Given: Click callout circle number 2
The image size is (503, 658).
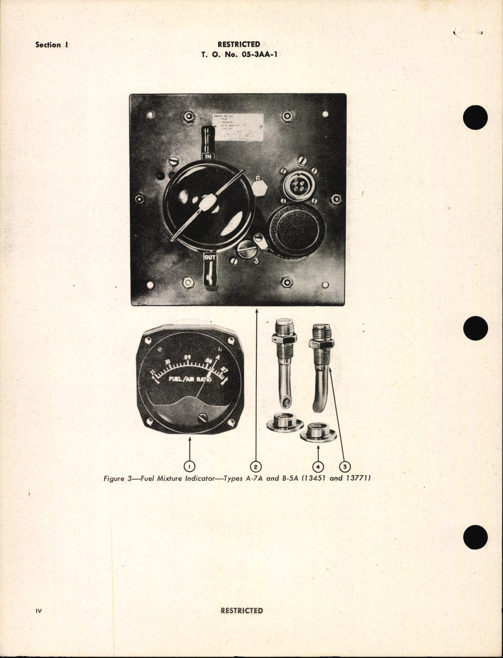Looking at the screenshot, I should pos(256,466).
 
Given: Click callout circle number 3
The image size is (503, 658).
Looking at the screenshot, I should pos(345,466).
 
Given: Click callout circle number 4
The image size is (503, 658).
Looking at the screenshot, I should pos(318,466).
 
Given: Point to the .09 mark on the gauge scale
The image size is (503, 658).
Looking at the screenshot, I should pos(186,358).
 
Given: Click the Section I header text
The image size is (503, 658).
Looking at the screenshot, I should pos(52,45).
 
